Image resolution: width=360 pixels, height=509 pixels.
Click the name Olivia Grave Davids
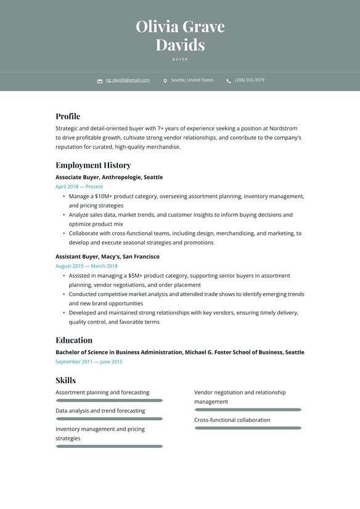[x=180, y=35]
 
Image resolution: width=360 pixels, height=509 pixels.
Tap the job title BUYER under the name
[x=180, y=59]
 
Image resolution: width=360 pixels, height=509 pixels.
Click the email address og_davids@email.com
[x=128, y=80]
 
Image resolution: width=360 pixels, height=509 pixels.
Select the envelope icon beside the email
[x=100, y=81]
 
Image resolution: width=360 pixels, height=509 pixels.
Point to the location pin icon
[x=165, y=81]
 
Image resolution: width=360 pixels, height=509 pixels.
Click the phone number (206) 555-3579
[x=250, y=80]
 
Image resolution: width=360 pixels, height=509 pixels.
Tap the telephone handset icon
[x=229, y=81]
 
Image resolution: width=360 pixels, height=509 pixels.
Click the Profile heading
[x=68, y=116]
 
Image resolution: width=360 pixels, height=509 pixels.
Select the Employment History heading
[x=93, y=165]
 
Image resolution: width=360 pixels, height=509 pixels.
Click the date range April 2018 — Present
[x=80, y=186]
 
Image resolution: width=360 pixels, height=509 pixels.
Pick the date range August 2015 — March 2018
[x=86, y=266]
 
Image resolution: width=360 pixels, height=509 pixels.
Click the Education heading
[x=74, y=340]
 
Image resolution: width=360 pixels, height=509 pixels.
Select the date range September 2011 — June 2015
[x=89, y=362]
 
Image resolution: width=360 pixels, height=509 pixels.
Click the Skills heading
[x=66, y=380]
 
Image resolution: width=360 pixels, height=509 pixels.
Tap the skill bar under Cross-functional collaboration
[x=248, y=428]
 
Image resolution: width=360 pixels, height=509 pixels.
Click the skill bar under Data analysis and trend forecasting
[x=109, y=419]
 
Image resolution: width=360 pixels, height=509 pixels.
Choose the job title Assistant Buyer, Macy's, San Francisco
[x=107, y=257]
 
